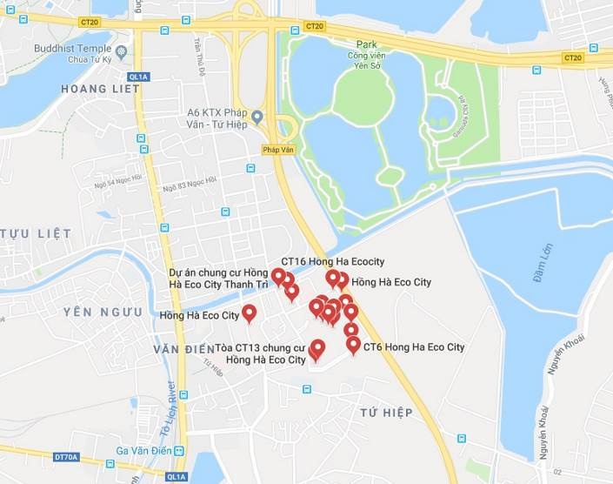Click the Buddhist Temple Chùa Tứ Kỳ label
pos(75,53)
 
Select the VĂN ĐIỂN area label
pos(183,349)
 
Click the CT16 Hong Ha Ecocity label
pos(332,261)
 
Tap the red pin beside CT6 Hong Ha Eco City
pos(353,345)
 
